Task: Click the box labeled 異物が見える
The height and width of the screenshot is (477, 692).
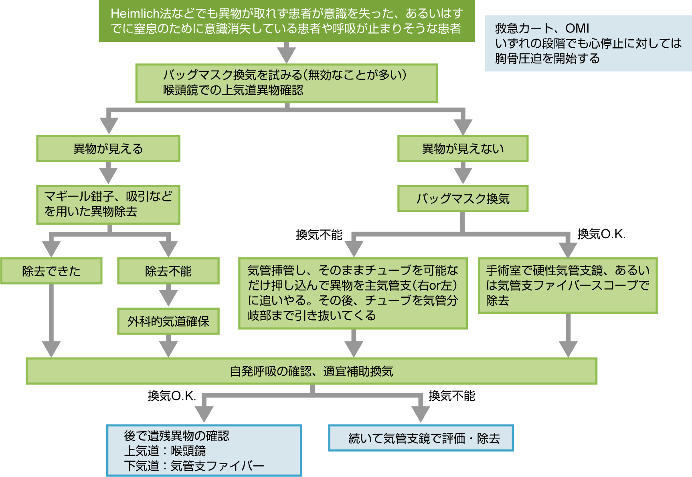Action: [108, 149]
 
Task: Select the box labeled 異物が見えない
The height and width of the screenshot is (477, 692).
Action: [463, 149]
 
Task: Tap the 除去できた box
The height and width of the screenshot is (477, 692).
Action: [51, 271]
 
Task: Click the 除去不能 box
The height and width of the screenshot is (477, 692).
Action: [168, 271]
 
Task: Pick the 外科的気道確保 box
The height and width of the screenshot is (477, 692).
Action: [168, 321]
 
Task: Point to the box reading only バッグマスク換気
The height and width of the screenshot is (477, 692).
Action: [463, 199]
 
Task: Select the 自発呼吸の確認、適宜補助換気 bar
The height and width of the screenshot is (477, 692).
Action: [312, 371]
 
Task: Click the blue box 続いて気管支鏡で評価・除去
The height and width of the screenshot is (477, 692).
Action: [421, 438]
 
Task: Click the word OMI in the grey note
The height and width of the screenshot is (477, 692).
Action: [577, 28]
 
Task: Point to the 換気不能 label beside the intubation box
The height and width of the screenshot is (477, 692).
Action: [319, 235]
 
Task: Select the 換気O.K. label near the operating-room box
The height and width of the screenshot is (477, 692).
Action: [601, 234]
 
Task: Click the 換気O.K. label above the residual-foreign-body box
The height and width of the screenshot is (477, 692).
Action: [172, 396]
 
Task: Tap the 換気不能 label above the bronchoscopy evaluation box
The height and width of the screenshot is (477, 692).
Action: [452, 396]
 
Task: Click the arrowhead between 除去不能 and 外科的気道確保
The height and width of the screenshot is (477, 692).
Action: [168, 297]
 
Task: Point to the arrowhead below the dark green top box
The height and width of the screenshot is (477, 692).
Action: [287, 55]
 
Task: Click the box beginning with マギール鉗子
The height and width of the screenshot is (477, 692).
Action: [108, 205]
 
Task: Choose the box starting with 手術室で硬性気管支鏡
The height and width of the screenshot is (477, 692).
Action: [568, 285]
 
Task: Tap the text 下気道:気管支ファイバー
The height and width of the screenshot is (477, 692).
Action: [194, 466]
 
